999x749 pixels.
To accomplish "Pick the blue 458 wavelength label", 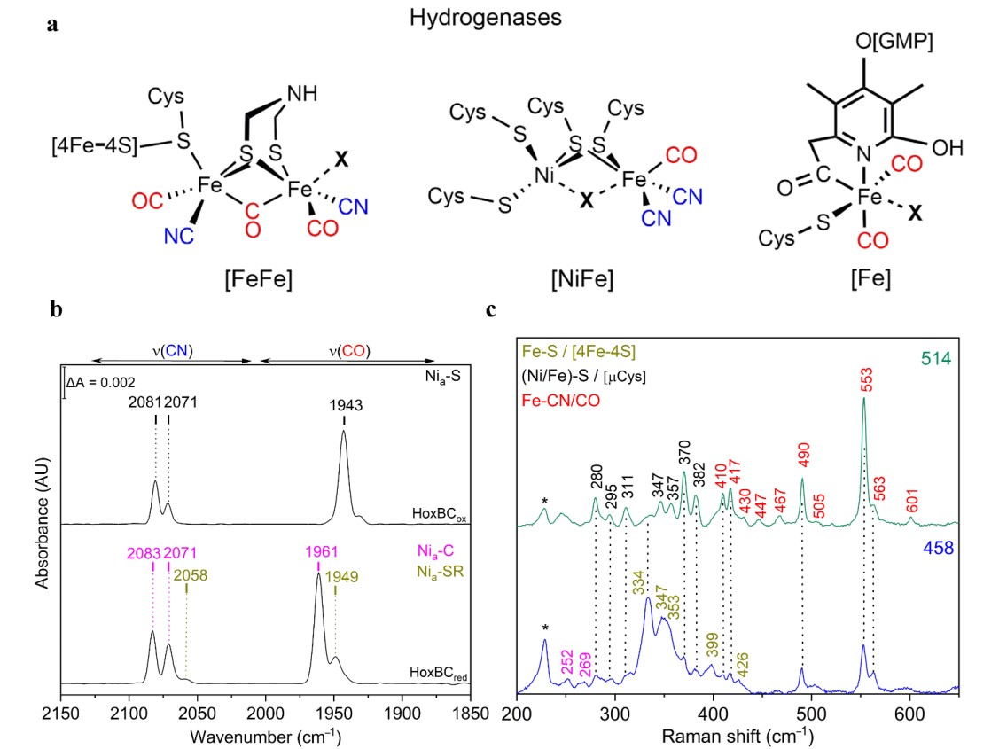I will tap(936, 549).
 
